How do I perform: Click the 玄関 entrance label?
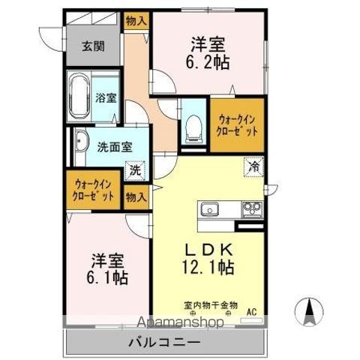93,46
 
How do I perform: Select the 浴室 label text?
106,97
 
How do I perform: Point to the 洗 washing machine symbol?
135,170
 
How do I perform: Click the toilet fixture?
193,128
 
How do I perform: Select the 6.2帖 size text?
209,63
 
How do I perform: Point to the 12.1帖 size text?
208,267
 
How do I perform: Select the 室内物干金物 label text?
210,305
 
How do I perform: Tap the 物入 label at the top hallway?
135,22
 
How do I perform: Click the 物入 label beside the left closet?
135,197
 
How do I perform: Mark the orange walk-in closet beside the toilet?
237,124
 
